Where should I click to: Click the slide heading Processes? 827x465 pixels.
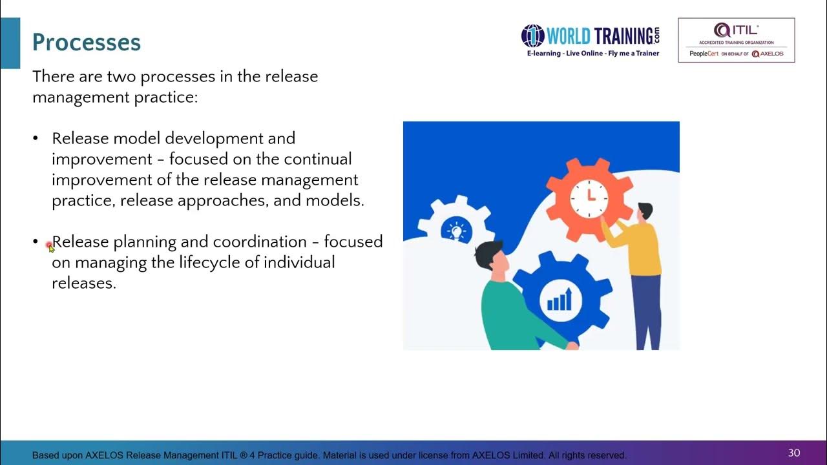click(x=87, y=43)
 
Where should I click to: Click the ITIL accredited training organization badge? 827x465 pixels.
click(x=736, y=40)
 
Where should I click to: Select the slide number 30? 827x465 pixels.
click(x=794, y=453)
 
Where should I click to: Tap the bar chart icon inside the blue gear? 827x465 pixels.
click(x=560, y=299)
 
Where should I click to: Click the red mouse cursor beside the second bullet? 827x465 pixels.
click(x=50, y=246)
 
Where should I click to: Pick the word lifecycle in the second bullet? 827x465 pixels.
click(x=215, y=262)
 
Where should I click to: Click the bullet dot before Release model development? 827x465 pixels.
click(x=36, y=138)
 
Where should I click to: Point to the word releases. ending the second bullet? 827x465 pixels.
click(x=84, y=283)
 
